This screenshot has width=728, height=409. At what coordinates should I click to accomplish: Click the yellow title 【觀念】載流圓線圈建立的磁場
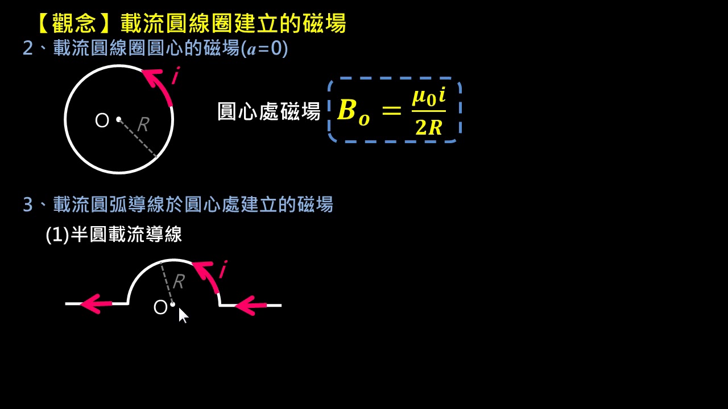[x=192, y=23]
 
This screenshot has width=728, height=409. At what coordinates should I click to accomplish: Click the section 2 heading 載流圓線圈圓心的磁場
[x=146, y=48]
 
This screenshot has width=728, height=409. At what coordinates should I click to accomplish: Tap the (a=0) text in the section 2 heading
[x=264, y=49]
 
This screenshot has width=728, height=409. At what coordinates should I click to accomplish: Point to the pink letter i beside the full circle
[x=176, y=76]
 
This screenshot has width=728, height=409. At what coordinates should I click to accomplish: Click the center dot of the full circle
[x=119, y=119]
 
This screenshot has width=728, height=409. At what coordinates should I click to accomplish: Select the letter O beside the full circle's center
[x=102, y=120]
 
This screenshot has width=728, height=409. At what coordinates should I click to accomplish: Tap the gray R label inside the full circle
[x=143, y=124]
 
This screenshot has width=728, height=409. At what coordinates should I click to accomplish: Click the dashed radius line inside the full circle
[x=138, y=138]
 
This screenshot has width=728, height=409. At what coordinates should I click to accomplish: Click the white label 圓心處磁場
[x=269, y=111]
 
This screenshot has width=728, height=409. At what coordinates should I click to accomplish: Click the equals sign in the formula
[x=392, y=110]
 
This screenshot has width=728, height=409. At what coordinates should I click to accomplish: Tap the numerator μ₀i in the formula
[x=429, y=97]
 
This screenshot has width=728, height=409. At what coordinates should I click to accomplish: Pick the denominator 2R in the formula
[x=429, y=127]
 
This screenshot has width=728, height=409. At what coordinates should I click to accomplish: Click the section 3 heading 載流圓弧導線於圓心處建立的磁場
[x=193, y=204]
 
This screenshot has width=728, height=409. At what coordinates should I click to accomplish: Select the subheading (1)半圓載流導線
[x=114, y=234]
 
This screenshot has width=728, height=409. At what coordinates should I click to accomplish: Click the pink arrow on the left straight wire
[x=96, y=304]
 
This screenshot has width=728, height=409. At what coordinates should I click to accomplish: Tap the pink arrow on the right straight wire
[x=251, y=305]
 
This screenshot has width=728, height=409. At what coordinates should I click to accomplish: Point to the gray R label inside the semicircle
[x=179, y=281]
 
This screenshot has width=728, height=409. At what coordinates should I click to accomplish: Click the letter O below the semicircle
[x=160, y=307]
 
